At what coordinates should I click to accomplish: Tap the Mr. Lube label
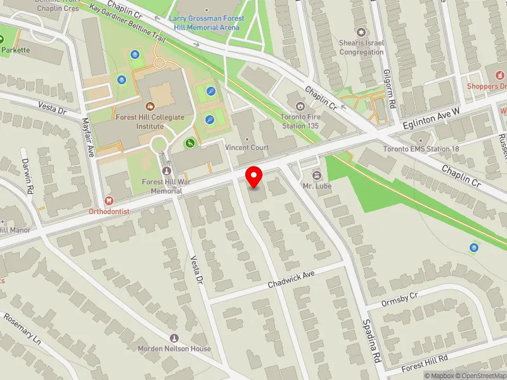(318, 186)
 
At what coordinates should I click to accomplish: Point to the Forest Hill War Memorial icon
(167, 171)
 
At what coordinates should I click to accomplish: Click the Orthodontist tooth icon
(109, 200)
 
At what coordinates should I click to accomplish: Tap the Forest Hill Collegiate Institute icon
(150, 106)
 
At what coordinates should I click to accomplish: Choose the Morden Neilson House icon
(174, 338)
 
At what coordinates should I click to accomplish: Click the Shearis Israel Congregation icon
(361, 32)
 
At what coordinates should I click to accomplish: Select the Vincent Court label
(247, 148)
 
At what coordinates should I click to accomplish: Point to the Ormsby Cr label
(401, 299)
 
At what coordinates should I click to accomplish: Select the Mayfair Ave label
(88, 136)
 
